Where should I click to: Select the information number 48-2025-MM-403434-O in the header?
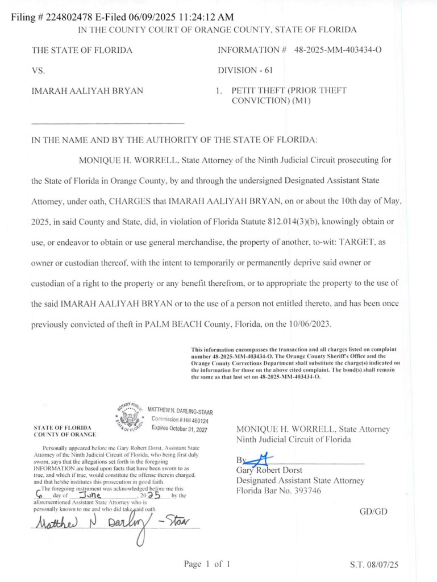tap(338, 50)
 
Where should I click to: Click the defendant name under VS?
tap(88, 90)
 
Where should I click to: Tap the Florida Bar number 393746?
tap(303, 491)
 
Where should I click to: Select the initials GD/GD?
tap(373, 512)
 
